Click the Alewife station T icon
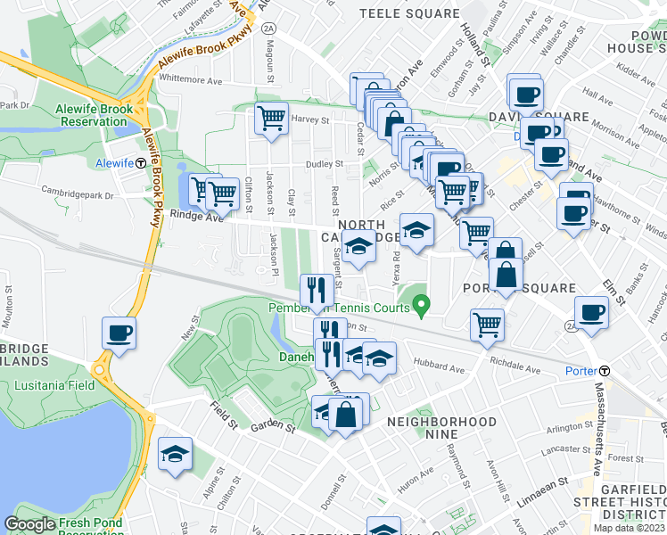[141, 163]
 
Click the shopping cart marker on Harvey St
[271, 119]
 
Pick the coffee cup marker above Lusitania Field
[119, 334]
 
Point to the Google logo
[29, 524]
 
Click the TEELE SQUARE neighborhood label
[407, 13]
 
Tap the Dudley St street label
[325, 164]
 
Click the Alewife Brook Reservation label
[95, 116]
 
